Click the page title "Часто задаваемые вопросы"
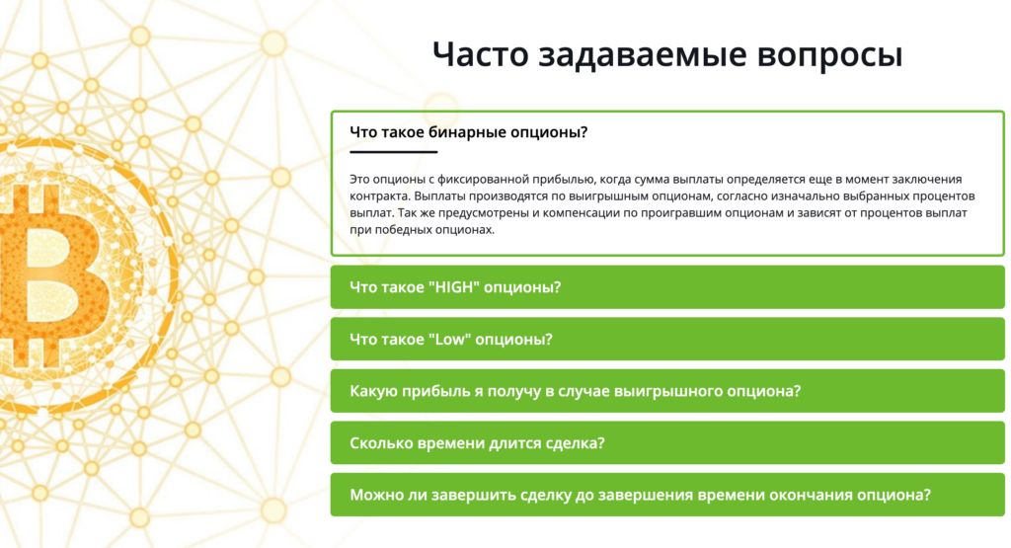click(x=667, y=55)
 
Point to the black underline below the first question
click(x=393, y=152)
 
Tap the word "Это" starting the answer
click(x=361, y=179)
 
